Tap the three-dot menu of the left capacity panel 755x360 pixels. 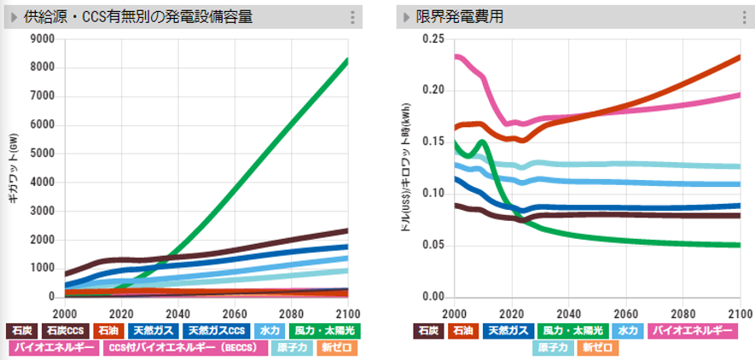pos(352,17)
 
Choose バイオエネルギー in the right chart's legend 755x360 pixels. pos(692,329)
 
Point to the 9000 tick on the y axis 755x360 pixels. pos(42,38)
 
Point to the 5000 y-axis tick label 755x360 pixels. pos(42,154)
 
